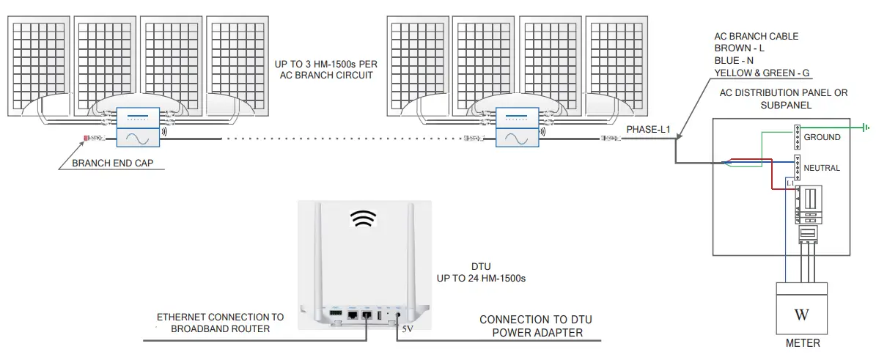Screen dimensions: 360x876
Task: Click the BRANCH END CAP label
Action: [x=111, y=164]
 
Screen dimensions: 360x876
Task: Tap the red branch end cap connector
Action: [x=87, y=138]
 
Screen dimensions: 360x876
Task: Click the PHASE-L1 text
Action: [x=648, y=129]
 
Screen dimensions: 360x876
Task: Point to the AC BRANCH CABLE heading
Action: [x=756, y=36]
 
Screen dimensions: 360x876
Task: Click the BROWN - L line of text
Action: [x=739, y=48]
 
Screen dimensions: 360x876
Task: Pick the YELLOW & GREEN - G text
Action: [x=761, y=73]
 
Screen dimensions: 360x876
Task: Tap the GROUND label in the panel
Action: [x=822, y=137]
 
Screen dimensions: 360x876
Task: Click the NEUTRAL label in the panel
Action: [x=822, y=168]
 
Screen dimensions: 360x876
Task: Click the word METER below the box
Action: [x=801, y=342]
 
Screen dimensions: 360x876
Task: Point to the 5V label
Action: [x=407, y=330]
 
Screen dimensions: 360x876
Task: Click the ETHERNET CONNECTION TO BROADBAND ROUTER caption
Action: [x=220, y=323]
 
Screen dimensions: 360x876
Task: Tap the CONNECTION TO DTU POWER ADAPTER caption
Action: [x=535, y=326]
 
